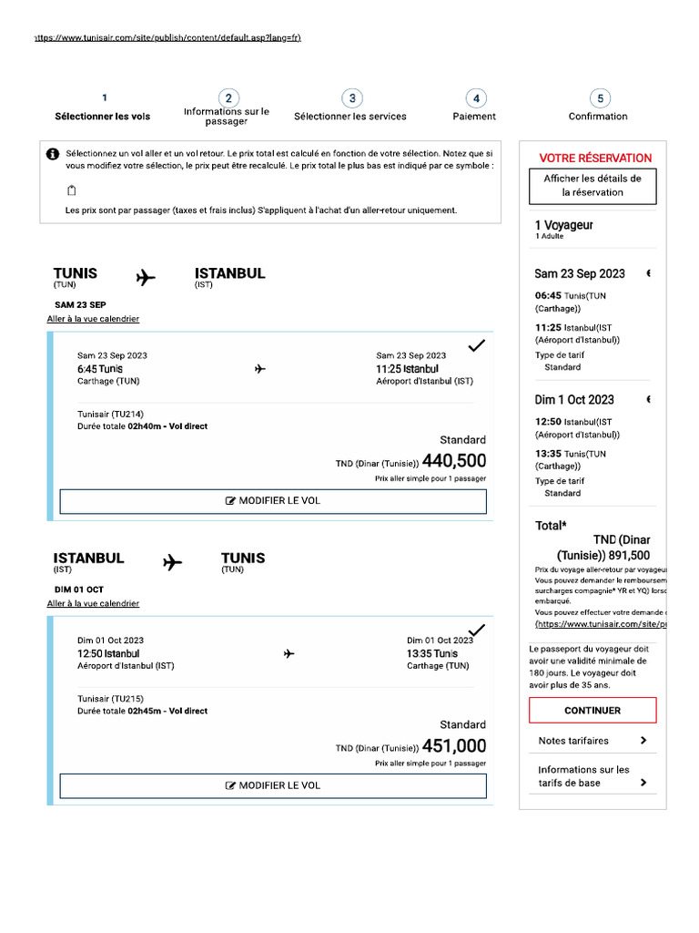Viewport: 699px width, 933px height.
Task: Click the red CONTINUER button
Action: pos(593,710)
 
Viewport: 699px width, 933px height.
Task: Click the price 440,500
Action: pos(454,461)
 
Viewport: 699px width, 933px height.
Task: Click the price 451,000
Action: pos(454,745)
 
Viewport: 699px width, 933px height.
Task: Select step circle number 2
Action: pos(228,98)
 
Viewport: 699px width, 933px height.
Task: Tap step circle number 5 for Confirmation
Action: pos(598,98)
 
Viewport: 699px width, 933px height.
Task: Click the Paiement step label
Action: pos(474,117)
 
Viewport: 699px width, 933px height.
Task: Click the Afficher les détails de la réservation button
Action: pos(593,186)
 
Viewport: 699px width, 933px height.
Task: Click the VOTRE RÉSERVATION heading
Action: pos(595,158)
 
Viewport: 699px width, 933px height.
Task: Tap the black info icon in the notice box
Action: pos(53,154)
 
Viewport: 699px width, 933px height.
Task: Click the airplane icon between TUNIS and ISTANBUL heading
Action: pos(146,277)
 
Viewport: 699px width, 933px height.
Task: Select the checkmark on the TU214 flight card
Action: pos(476,345)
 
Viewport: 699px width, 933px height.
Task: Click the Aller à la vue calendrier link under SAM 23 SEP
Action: pos(93,319)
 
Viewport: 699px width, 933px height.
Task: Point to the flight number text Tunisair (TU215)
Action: pos(109,699)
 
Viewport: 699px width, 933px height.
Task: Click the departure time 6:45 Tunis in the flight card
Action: pos(100,369)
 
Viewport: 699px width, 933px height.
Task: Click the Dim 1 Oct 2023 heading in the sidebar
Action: pos(574,399)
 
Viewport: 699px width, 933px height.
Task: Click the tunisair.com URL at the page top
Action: pos(167,37)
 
